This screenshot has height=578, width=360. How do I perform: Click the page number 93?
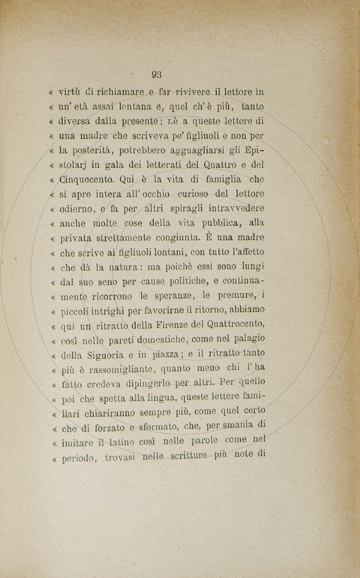click(x=156, y=75)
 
